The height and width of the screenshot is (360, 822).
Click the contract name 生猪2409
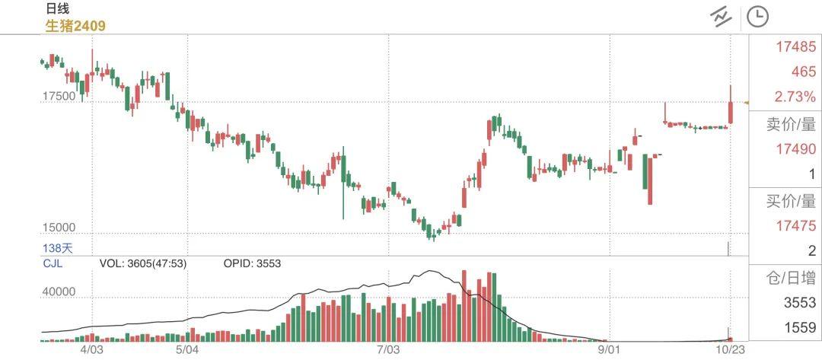point(75,26)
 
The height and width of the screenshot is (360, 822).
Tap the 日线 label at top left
point(57,8)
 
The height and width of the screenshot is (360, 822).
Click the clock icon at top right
point(757,16)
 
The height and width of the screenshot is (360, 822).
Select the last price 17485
point(795,47)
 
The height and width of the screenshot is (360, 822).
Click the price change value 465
point(803,72)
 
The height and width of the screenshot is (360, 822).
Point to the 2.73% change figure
point(795,97)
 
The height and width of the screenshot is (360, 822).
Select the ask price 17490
point(795,150)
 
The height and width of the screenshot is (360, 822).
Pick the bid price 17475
point(795,226)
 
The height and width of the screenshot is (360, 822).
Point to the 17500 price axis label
point(59,97)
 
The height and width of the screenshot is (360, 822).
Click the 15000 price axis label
point(59,228)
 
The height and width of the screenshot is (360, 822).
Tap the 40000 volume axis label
point(59,292)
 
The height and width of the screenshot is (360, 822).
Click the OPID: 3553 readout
point(252,263)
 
